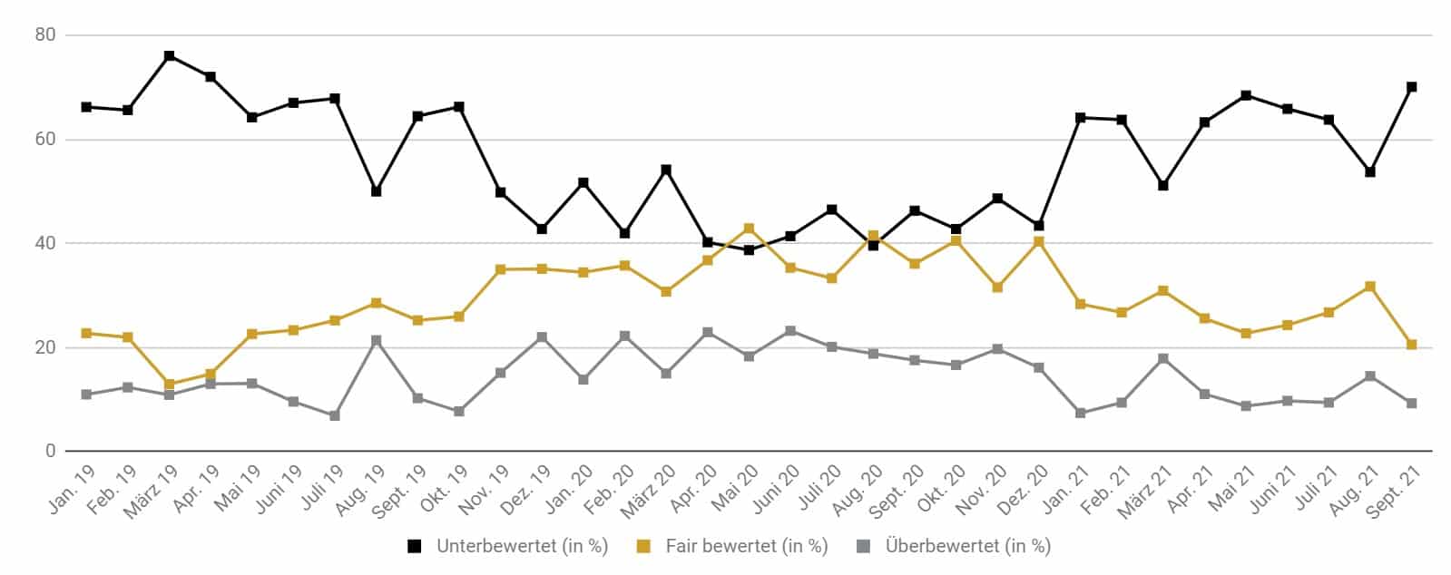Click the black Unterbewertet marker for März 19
coord(169,56)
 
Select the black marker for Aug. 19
coord(377,191)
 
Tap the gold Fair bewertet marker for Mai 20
coord(749,229)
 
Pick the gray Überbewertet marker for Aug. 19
coord(377,341)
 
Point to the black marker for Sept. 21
coord(1411,87)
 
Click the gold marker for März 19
coord(169,384)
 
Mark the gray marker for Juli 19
coord(335,415)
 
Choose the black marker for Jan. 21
coord(1081,118)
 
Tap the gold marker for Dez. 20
coord(1039,241)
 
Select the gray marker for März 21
coord(1163,359)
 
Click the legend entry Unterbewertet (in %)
coord(508,547)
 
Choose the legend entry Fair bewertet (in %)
coord(732,547)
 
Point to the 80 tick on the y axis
coord(45,34)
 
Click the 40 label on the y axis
coord(45,243)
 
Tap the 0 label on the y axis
coord(51,452)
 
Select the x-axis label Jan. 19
coord(72,490)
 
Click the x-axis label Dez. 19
coord(526,490)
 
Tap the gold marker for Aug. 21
coord(1370,287)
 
